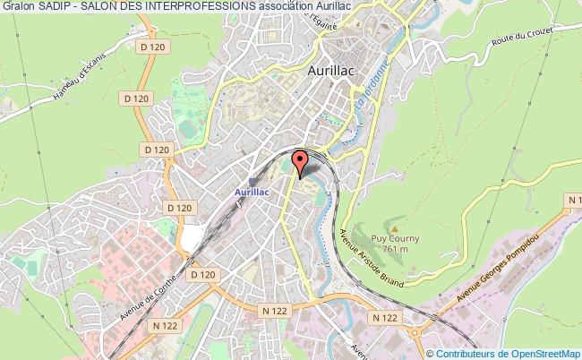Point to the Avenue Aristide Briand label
point(371,256)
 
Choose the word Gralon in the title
point(19,6)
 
